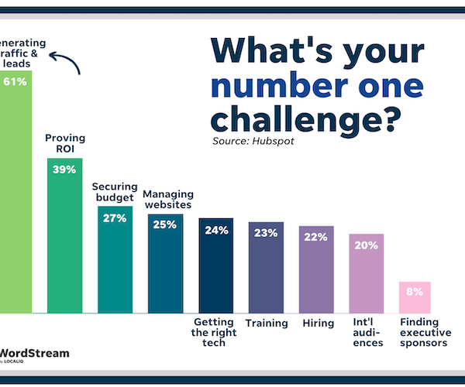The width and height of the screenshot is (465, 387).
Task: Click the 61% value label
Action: [x=15, y=80]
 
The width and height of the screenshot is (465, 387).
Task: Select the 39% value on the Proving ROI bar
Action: [x=64, y=170]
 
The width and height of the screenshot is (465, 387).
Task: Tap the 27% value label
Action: [x=114, y=217]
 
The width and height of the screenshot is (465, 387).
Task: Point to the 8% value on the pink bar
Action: [x=415, y=292]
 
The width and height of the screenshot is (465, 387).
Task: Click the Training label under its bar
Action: [x=267, y=324]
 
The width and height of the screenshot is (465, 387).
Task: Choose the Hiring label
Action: [x=319, y=324]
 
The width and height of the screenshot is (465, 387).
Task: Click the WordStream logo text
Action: [x=35, y=354]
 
